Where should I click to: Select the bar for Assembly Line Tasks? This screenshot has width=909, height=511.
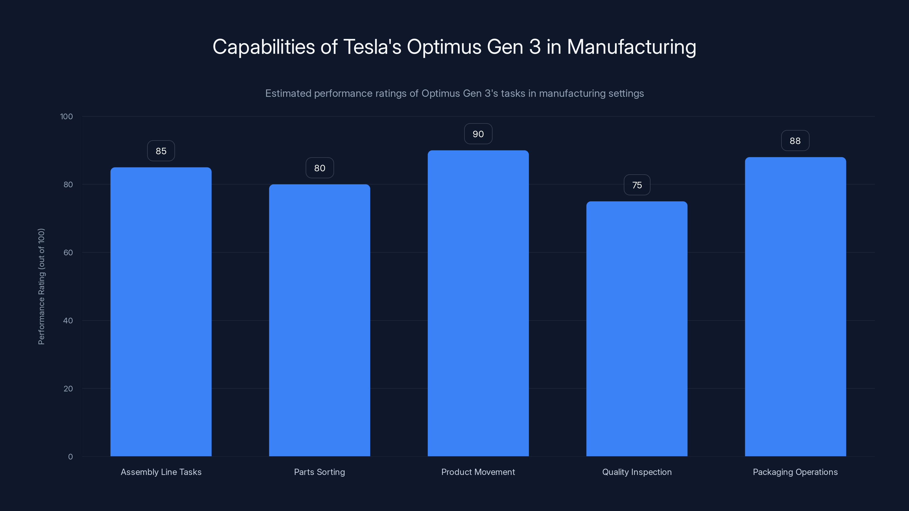click(161, 312)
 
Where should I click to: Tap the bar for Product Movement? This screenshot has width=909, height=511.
click(478, 303)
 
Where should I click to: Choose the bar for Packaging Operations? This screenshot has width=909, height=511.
click(795, 307)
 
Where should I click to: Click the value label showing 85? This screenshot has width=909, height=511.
click(161, 151)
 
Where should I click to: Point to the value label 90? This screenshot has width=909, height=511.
click(478, 134)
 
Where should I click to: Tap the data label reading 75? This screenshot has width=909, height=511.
click(637, 185)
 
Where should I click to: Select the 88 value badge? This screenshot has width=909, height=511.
click(795, 141)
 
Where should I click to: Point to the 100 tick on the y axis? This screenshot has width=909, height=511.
click(66, 116)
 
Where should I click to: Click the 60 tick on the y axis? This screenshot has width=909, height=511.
click(68, 252)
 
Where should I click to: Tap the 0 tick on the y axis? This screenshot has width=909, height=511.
click(70, 457)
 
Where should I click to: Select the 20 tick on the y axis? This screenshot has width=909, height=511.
click(68, 389)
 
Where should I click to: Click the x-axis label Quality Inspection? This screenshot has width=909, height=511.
click(637, 472)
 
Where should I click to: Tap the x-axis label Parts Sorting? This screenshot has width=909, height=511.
click(319, 472)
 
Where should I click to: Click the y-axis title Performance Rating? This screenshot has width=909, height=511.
click(41, 286)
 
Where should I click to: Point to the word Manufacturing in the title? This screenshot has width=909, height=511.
click(631, 47)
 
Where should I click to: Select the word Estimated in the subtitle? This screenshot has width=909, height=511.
click(288, 93)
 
